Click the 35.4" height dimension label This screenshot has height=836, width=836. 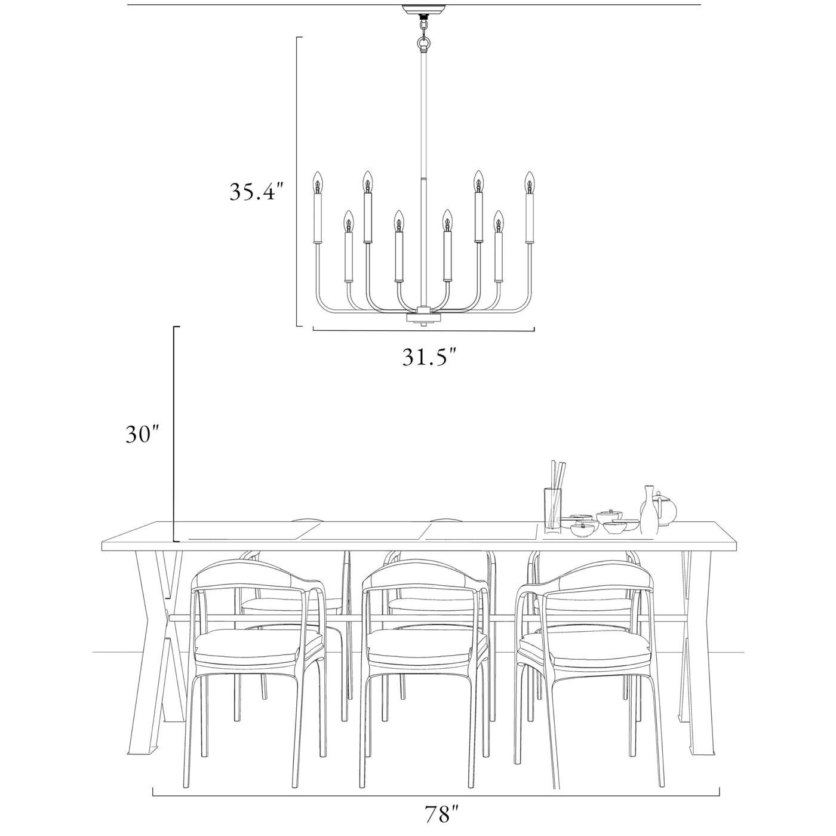256,191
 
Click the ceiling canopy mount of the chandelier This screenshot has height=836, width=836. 423,10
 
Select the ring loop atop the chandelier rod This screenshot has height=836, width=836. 423,43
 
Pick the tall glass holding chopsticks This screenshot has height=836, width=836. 553,509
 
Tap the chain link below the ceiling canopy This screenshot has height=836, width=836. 423,27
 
